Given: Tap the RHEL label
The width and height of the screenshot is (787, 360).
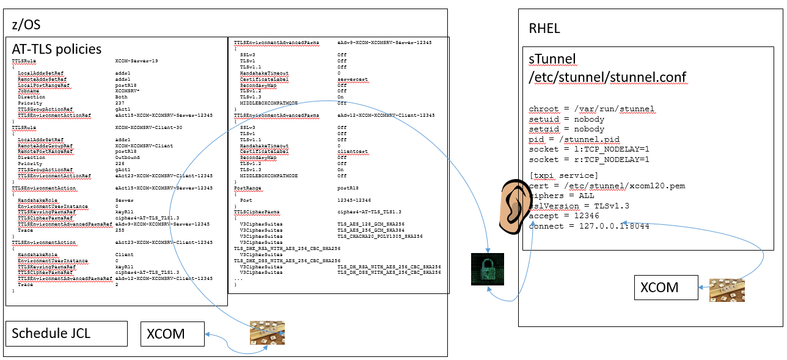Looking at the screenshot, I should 544,29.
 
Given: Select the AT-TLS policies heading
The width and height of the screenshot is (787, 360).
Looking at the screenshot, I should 57,49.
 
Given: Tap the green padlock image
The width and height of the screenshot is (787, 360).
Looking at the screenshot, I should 488,270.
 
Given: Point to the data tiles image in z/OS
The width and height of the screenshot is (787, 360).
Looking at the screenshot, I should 267,332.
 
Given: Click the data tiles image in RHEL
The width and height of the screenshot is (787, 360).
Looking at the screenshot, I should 726,290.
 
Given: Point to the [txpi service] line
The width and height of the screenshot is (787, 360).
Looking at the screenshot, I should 559,176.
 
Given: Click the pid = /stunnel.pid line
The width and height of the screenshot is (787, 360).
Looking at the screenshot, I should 574,139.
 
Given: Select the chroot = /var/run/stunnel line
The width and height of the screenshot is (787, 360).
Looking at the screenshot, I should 591,109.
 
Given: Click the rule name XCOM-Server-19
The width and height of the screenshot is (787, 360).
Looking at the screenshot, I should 136,61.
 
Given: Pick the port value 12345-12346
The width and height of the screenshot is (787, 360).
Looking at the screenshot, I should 354,200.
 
